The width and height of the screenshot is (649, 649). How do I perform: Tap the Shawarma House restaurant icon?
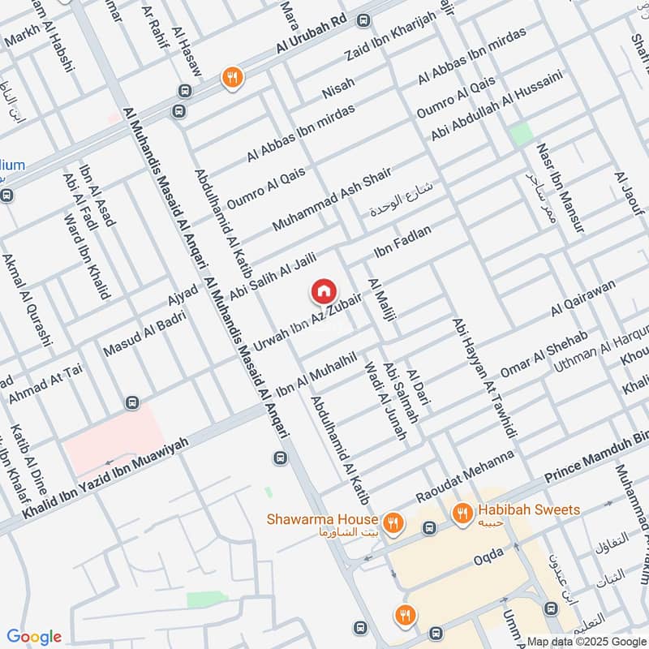[393, 521]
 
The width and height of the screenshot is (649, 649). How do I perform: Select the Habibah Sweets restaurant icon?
[463, 512]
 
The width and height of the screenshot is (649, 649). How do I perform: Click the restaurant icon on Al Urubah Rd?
[232, 77]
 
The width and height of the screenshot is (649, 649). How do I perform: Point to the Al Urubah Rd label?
[312, 34]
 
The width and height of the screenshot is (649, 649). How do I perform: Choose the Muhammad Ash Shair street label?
[332, 199]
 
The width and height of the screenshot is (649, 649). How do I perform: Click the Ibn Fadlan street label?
[402, 242]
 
